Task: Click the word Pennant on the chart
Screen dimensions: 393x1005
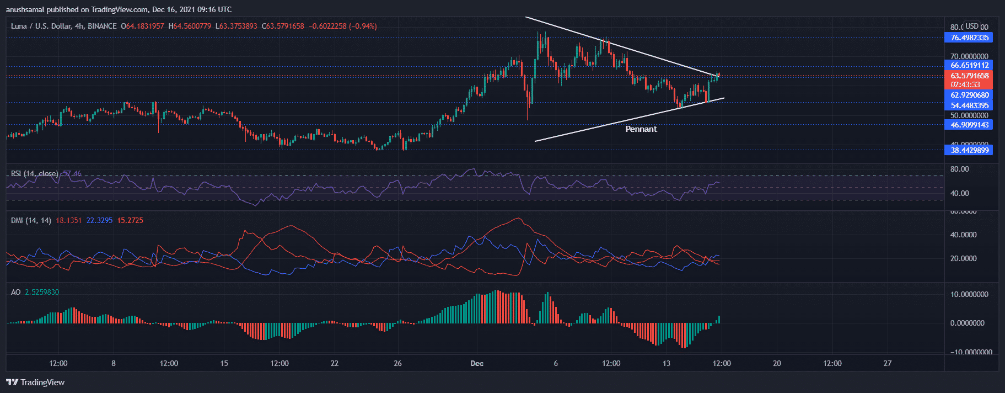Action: [641, 129]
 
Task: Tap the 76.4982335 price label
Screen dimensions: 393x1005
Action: [969, 38]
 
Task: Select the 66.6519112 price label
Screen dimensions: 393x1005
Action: [969, 65]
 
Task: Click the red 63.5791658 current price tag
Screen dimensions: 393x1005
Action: [969, 76]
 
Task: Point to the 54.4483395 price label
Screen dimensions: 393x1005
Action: [969, 105]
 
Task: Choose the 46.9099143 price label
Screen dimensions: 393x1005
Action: [969, 125]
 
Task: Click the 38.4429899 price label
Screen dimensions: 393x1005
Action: [969, 150]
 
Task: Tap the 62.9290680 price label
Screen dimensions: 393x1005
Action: [969, 95]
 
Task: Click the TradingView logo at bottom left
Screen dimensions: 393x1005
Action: [35, 382]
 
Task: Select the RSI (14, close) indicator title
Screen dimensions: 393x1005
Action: [34, 174]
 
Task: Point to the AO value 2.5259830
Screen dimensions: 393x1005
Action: [42, 292]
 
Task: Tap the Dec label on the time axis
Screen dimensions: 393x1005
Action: [477, 363]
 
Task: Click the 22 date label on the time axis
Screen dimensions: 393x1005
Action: [335, 363]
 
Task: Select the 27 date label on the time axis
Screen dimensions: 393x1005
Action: [887, 363]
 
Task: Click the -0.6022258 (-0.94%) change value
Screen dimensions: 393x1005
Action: [342, 26]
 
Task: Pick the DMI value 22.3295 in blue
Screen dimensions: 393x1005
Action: [99, 220]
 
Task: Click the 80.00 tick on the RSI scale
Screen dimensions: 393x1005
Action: [960, 169]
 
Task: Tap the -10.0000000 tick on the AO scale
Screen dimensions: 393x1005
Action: [970, 352]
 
